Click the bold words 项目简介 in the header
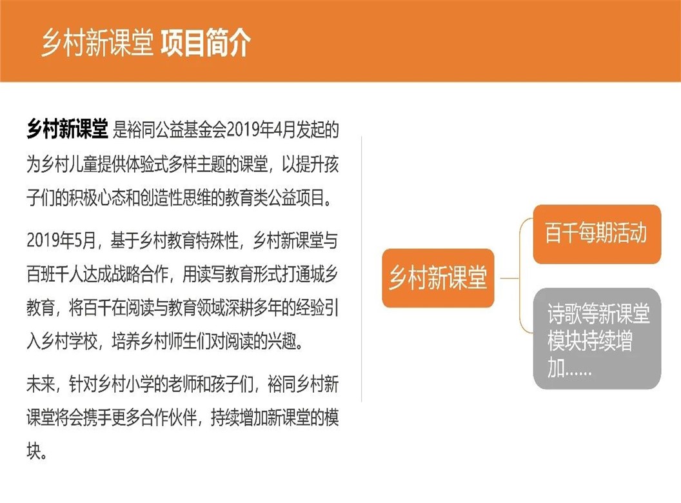(x=206, y=43)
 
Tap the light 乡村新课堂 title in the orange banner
(x=98, y=43)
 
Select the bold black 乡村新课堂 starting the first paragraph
(x=67, y=128)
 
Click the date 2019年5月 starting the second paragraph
(x=61, y=240)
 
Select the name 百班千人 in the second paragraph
(x=55, y=274)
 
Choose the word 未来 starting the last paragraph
(x=41, y=384)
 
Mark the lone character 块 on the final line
(x=34, y=451)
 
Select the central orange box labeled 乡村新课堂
(x=438, y=278)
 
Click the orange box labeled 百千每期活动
(x=597, y=233)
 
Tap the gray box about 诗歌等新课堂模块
(x=597, y=338)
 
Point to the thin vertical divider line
(x=361, y=270)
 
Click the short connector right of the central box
(x=510, y=278)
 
